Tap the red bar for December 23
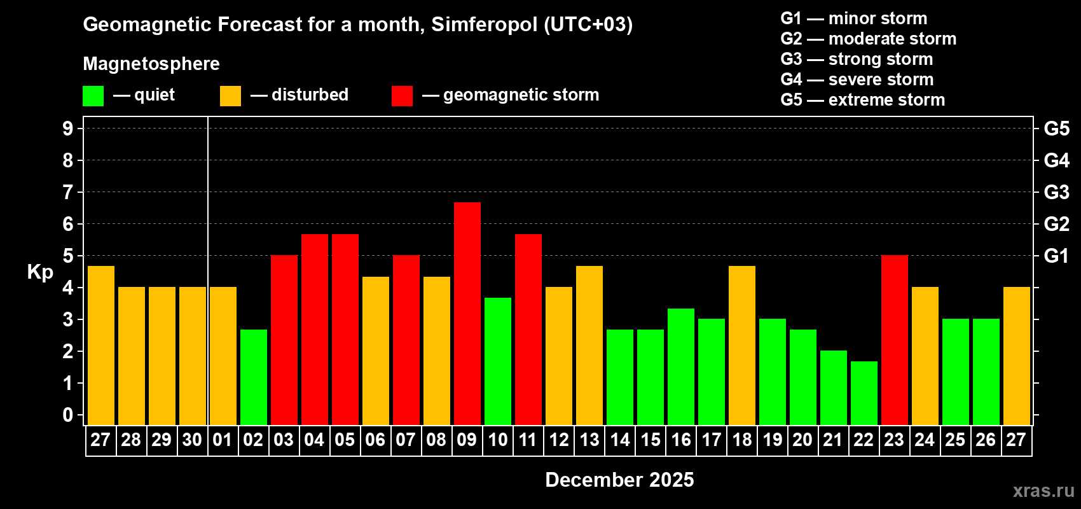[x=895, y=340]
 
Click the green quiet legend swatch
[x=93, y=96]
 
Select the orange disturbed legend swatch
[x=230, y=96]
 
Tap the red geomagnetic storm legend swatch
[x=402, y=96]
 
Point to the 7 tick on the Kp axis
[x=68, y=192]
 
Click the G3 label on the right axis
[x=1056, y=192]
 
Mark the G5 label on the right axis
[x=1056, y=129]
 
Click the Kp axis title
[x=40, y=272]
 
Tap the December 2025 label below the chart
[x=619, y=480]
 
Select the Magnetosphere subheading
[x=151, y=64]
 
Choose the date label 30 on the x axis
[x=192, y=440]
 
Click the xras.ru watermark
[x=1043, y=491]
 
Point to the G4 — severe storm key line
[x=857, y=80]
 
